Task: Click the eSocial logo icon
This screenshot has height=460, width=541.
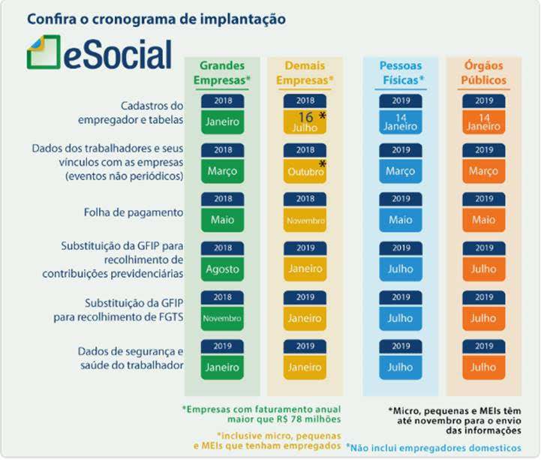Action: point(44,52)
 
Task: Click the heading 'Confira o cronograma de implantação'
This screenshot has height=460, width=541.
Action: point(156,17)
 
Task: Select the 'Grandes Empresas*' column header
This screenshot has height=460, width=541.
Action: point(222,73)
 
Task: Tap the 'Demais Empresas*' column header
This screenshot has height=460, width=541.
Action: point(305,73)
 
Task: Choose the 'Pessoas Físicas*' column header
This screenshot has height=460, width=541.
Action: point(400,73)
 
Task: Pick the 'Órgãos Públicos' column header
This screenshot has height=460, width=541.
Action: point(484,73)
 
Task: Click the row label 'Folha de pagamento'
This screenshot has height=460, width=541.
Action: point(134,212)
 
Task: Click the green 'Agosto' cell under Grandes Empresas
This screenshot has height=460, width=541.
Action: point(223,269)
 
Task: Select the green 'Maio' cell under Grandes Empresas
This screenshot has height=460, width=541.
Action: point(223,220)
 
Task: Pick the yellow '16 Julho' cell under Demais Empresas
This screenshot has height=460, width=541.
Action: point(305,122)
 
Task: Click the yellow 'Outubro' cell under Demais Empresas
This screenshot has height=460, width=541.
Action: point(305,171)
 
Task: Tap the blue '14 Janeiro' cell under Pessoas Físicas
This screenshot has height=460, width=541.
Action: point(400,122)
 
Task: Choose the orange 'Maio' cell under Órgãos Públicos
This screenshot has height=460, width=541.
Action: point(484,220)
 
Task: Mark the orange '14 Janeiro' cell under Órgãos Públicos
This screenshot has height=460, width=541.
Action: point(484,122)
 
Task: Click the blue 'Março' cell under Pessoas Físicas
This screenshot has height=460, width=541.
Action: point(400,171)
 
